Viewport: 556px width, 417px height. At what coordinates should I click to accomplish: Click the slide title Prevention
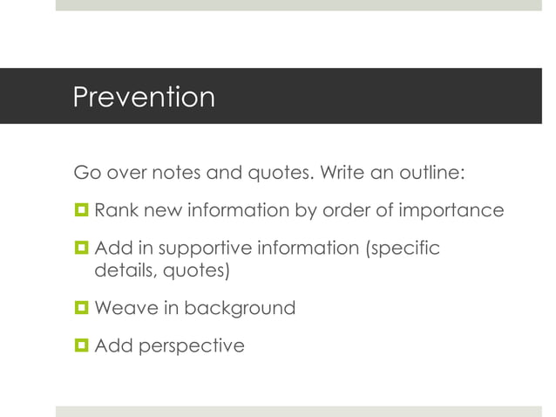pos(143,97)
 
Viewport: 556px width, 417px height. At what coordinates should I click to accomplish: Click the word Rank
pos(114,211)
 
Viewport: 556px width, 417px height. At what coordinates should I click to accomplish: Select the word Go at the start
pos(85,173)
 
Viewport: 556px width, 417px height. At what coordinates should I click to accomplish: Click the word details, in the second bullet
pos(123,271)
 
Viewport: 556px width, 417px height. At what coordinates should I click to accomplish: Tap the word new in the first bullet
pos(160,211)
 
